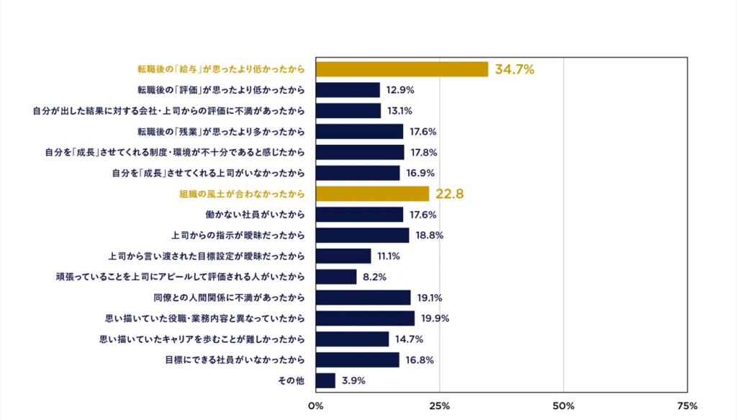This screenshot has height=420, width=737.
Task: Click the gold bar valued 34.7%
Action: click(x=402, y=69)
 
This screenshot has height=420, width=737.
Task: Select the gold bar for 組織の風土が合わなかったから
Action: click(x=372, y=194)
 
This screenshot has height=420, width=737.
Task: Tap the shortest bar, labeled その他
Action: click(x=325, y=380)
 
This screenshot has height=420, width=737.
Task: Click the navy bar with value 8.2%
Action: click(x=336, y=277)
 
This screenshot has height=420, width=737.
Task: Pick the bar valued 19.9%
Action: click(x=365, y=318)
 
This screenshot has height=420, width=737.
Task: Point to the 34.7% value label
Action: click(x=514, y=70)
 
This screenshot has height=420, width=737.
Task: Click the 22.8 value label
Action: click(x=449, y=194)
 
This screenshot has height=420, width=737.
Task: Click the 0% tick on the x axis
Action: click(x=315, y=406)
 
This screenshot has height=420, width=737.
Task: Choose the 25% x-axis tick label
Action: click(x=440, y=406)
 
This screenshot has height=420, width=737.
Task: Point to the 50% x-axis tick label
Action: click(x=564, y=406)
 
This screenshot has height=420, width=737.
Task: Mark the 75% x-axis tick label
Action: click(x=687, y=406)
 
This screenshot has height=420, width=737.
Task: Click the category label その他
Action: click(x=291, y=380)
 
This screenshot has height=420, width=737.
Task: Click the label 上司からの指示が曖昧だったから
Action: click(x=238, y=236)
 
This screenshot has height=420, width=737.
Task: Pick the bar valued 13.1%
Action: click(x=348, y=111)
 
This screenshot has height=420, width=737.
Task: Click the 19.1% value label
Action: click(x=430, y=298)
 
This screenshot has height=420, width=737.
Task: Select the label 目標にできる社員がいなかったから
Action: click(x=235, y=359)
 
